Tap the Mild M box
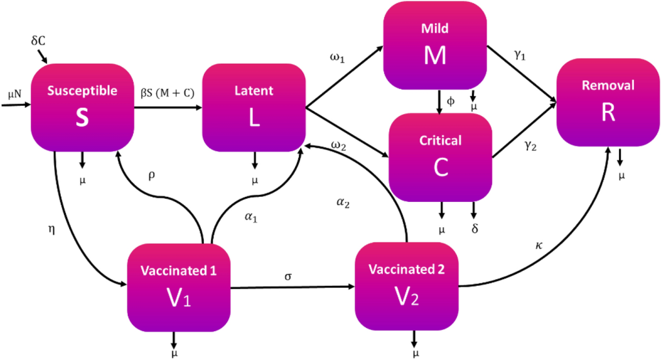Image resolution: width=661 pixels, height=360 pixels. click(434, 45)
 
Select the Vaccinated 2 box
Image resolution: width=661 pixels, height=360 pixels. click(407, 286)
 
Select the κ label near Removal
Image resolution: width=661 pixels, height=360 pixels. click(538, 246)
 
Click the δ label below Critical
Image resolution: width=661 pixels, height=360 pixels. click(475, 228)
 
